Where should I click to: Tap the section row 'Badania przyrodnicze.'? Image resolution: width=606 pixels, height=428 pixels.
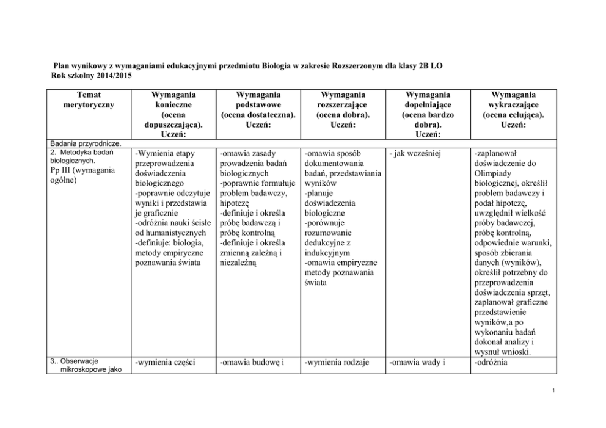(x=80, y=143)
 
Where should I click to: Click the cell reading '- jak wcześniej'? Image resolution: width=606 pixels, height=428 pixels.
(x=414, y=153)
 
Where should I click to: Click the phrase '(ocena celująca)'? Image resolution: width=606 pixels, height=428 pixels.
(x=513, y=114)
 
